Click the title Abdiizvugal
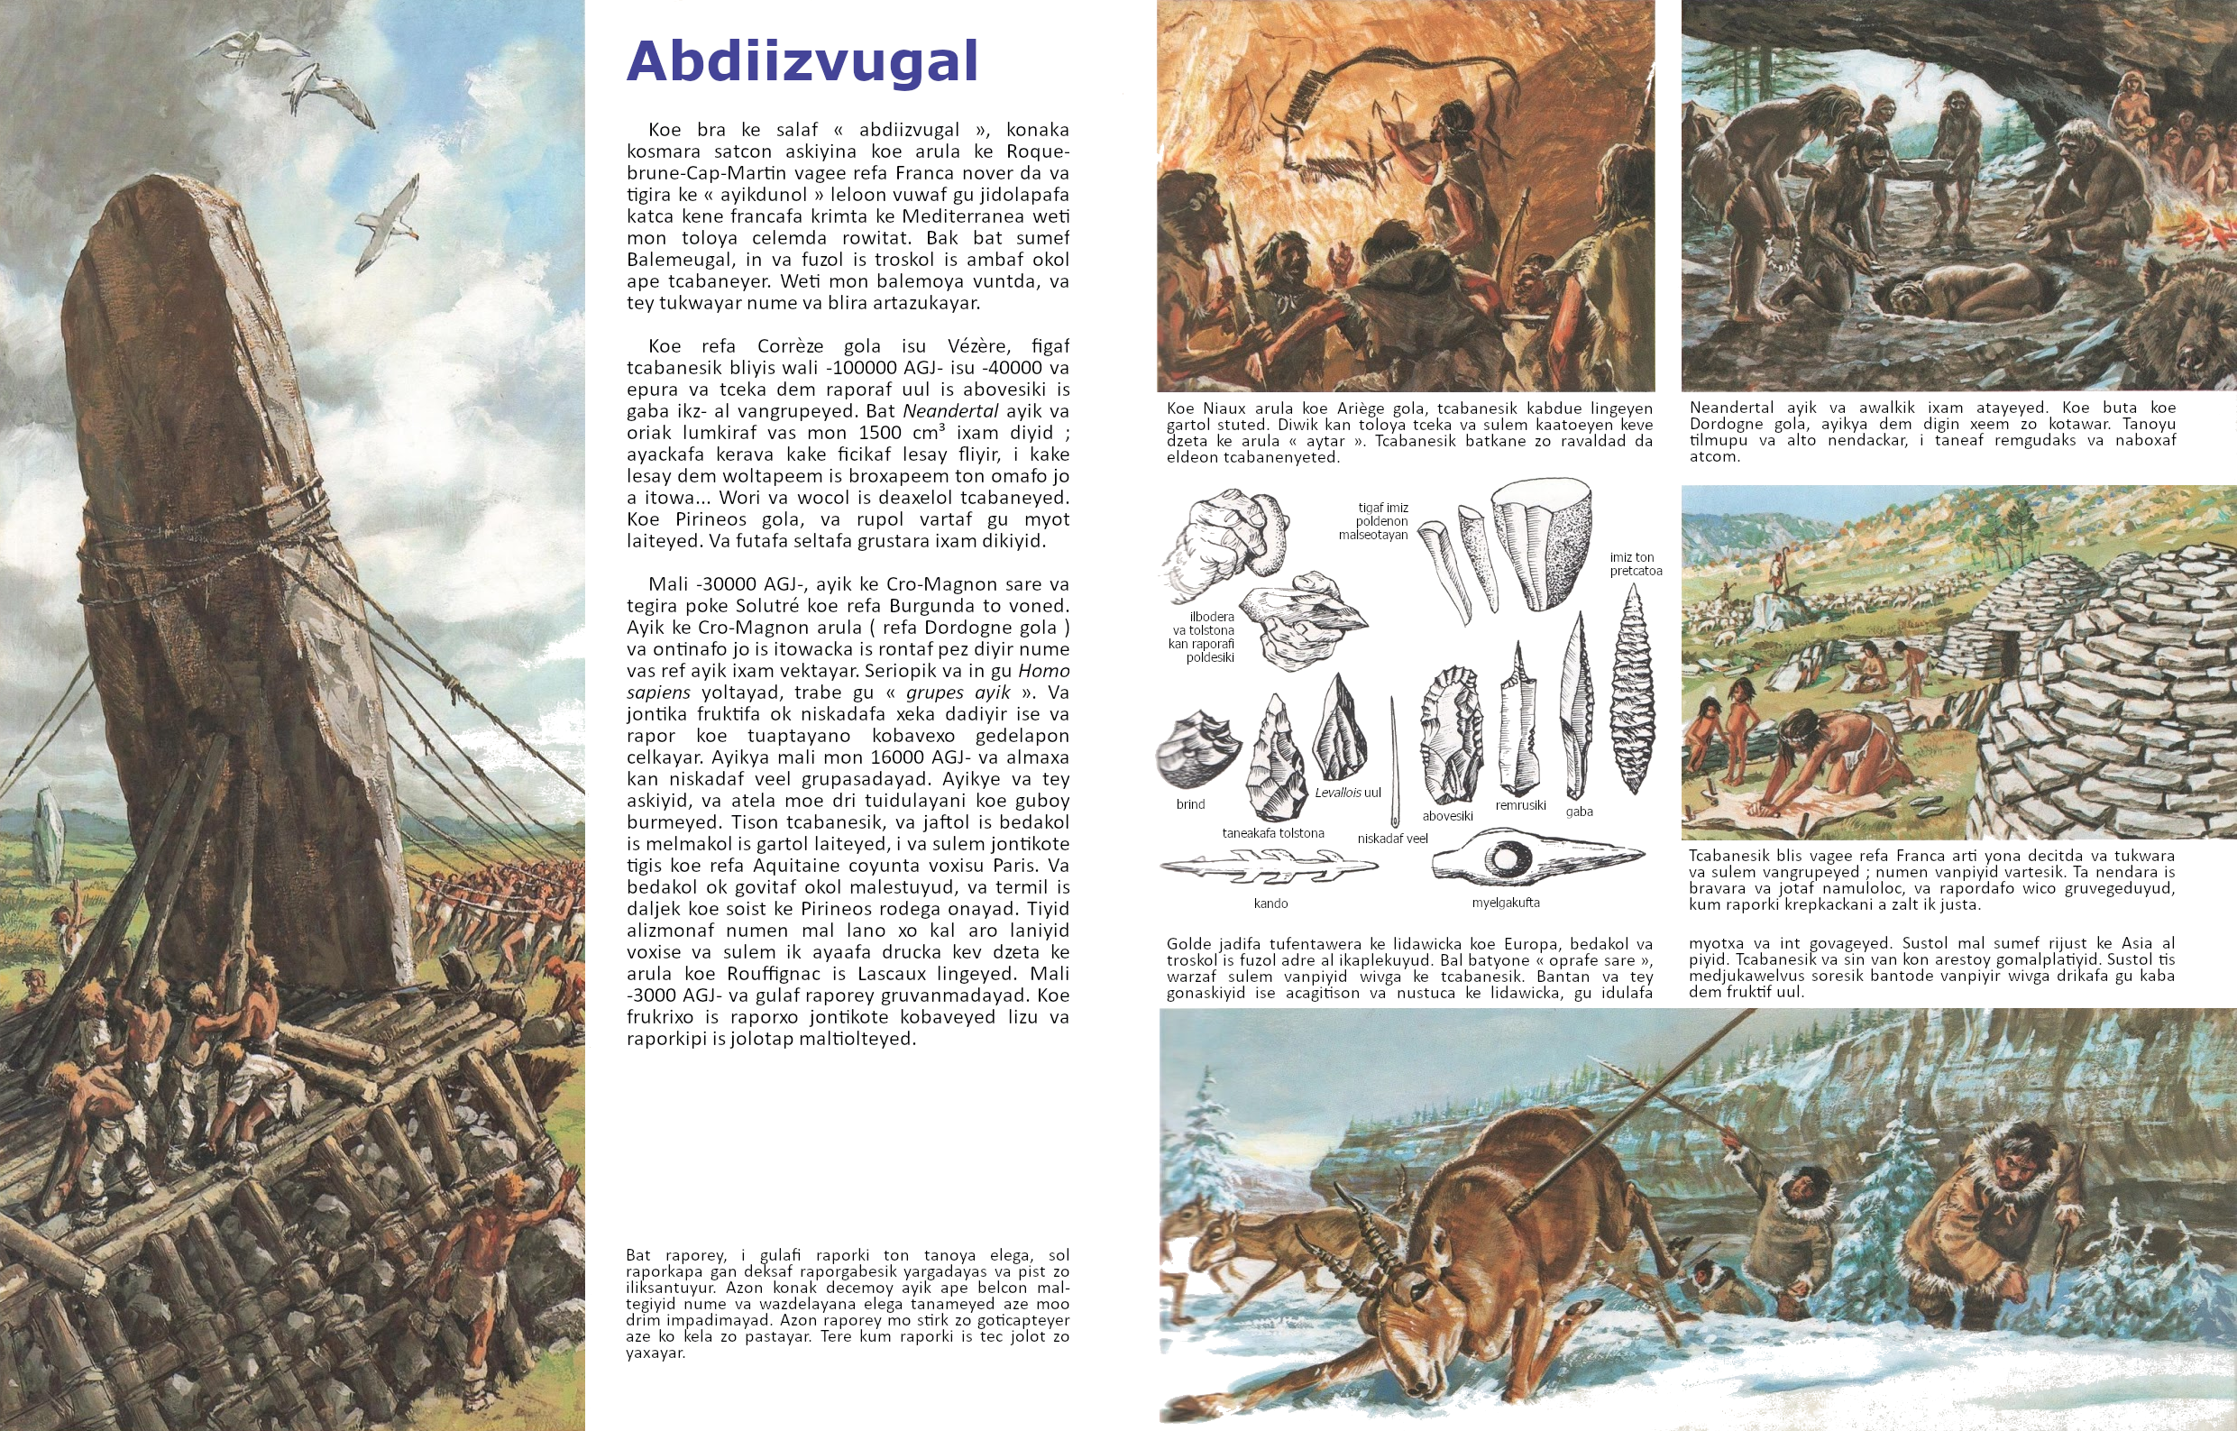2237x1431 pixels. coord(802,61)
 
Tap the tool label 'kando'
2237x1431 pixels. coord(1270,904)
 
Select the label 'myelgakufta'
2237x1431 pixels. coord(1505,903)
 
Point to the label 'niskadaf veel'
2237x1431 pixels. coord(1391,839)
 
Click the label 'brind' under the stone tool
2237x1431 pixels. coord(1190,804)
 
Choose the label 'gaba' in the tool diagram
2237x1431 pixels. coord(1579,812)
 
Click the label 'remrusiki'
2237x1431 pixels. coord(1520,804)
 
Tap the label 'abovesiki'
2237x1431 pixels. coord(1447,816)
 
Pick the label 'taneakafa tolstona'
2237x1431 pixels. coord(1273,832)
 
